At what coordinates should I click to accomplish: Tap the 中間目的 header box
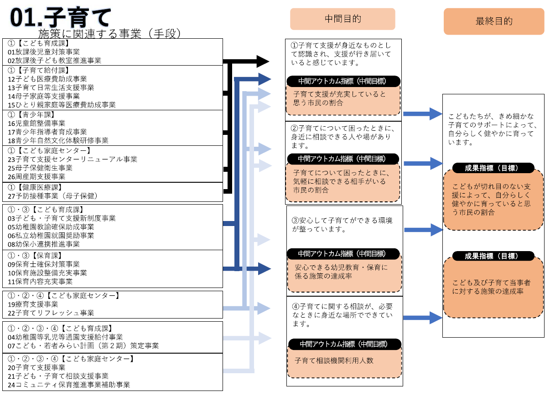(342, 19)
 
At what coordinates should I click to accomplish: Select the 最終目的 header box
(494, 21)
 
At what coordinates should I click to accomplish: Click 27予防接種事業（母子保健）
(53, 196)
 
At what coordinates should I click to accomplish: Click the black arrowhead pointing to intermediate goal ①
(263, 61)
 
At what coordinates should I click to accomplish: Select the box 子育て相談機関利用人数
(344, 360)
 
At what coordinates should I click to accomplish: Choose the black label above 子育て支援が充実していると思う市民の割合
(343, 81)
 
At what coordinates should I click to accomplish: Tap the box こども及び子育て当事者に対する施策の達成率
(493, 287)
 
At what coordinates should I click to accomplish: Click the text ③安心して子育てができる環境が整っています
(342, 225)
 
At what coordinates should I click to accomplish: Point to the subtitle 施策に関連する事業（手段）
(110, 33)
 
